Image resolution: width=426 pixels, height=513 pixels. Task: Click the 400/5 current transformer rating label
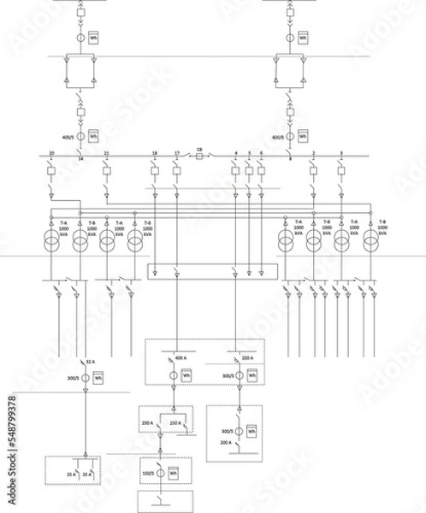[68, 136]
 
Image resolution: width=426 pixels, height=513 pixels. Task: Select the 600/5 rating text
[277, 136]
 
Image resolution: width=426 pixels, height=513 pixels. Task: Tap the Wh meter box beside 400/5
[93, 136]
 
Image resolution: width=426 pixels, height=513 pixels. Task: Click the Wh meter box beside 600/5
[303, 136]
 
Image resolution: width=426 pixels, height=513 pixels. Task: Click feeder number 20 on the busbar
[52, 153]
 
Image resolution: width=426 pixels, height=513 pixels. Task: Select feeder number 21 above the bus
[106, 153]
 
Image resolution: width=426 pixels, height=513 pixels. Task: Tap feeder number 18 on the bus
[154, 153]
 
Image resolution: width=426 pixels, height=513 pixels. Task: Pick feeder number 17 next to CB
[176, 153]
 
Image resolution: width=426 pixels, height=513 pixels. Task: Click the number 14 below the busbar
[80, 160]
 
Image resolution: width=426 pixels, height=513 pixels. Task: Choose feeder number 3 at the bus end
[341, 153]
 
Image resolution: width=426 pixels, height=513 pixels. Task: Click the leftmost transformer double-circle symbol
[53, 241]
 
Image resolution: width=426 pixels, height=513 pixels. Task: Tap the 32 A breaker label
[89, 362]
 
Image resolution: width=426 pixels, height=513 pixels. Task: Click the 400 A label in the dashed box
[180, 357]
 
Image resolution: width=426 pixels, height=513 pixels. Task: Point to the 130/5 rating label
[148, 472]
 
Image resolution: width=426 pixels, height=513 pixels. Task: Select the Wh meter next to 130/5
[174, 472]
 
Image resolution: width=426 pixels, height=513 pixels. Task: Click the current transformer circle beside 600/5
[290, 136]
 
